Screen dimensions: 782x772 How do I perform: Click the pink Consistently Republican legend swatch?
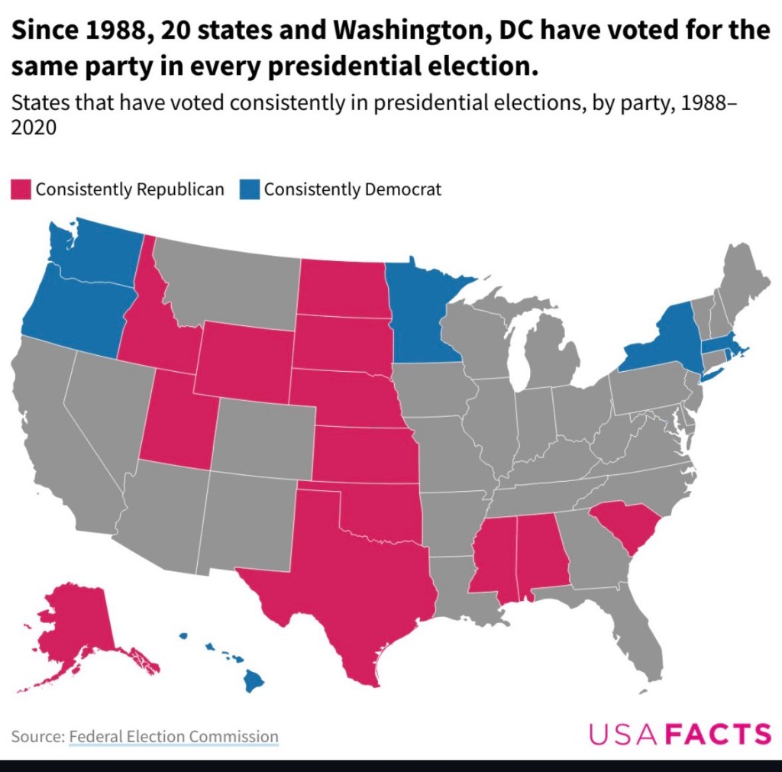[21, 189]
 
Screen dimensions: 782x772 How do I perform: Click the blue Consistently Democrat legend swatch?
[250, 189]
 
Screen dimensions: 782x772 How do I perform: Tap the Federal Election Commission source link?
[173, 736]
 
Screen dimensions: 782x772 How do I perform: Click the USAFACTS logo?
[680, 733]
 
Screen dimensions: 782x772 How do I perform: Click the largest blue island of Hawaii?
[254, 680]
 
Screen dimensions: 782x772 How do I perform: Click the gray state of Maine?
[743, 279]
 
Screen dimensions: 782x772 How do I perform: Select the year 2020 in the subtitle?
[34, 128]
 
